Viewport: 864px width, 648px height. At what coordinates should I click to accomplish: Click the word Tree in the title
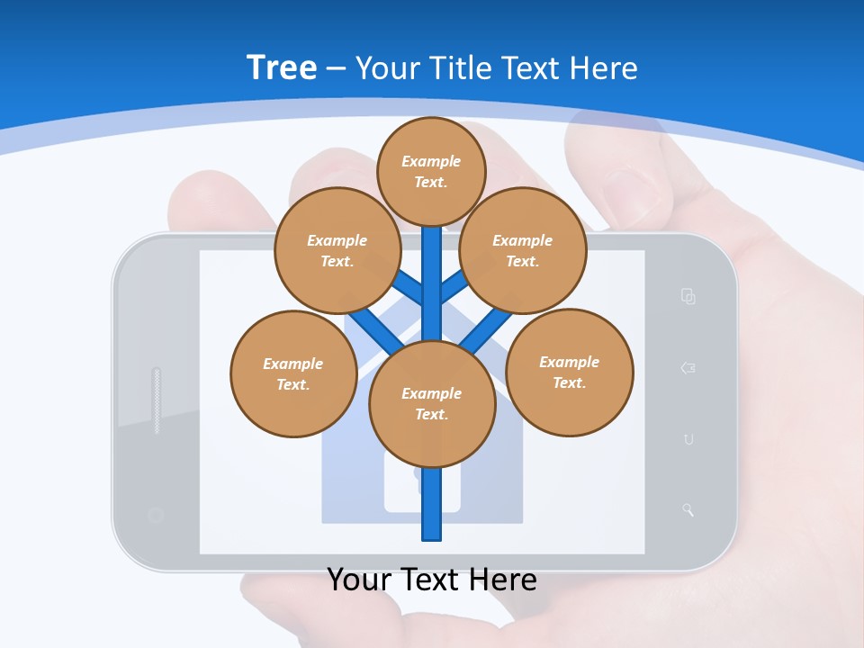coord(282,67)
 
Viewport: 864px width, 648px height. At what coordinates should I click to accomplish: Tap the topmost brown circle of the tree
coord(431,171)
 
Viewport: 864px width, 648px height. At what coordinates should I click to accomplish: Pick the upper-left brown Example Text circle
coord(337,250)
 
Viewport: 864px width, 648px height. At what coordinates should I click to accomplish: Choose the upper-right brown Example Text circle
coord(523,250)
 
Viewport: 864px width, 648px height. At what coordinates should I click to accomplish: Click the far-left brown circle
coord(293,373)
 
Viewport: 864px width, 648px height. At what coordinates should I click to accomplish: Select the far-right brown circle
coord(570,372)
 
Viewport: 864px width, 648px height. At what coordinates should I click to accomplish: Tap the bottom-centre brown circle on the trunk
coord(432,404)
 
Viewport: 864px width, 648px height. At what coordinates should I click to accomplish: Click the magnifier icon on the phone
coord(688,510)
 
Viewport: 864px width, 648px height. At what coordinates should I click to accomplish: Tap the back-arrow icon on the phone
coord(688,367)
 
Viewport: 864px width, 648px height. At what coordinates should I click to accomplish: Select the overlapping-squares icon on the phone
coord(688,296)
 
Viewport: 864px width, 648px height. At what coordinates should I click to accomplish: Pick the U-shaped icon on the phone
coord(688,439)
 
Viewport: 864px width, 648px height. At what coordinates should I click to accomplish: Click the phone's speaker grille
coord(157,400)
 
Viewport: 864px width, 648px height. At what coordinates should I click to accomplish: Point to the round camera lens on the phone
coord(156,516)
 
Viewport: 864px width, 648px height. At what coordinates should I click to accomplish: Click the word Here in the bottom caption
coord(499,579)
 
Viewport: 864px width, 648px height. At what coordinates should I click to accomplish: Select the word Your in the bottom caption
coord(358,579)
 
